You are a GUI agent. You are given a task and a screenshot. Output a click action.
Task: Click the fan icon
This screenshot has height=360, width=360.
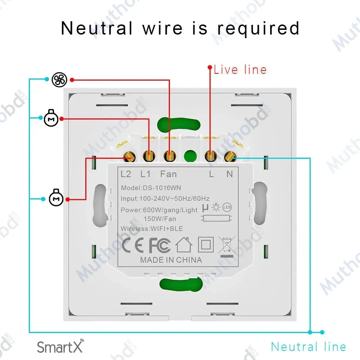tap(59, 80)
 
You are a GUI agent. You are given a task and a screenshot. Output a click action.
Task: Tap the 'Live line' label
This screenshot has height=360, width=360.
tap(240, 69)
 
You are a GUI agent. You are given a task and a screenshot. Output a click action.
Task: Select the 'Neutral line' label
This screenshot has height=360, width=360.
tap(309, 347)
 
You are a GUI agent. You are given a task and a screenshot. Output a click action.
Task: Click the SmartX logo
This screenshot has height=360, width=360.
tap(60, 346)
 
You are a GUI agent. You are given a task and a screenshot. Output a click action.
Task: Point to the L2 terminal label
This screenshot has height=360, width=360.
tap(126, 174)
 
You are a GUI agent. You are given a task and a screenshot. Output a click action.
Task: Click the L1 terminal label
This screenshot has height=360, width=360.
tap(145, 174)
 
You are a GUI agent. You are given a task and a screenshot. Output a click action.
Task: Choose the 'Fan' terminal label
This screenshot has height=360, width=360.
tap(168, 174)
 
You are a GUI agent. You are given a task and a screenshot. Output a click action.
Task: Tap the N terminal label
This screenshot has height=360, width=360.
tap(230, 174)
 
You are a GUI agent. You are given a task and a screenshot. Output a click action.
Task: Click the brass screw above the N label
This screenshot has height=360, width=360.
tap(230, 157)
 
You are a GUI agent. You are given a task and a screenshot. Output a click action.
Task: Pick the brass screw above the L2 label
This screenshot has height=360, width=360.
tap(130, 157)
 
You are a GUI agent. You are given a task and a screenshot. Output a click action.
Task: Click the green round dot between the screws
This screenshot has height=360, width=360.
tap(190, 156)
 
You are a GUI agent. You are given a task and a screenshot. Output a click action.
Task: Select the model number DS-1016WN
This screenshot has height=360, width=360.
tap(162, 188)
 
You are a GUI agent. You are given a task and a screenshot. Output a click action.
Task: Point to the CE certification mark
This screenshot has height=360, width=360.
tap(133, 245)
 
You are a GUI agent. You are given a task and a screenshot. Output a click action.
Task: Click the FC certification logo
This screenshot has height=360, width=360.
tap(160, 245)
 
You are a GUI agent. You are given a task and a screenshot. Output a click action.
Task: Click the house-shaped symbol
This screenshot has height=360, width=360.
tap(184, 245)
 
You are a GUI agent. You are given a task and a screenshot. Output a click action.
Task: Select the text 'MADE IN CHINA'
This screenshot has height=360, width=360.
tap(171, 260)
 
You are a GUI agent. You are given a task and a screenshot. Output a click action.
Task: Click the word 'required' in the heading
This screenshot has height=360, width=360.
tap(258, 29)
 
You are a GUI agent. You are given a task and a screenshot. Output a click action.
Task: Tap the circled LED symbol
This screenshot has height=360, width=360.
tap(227, 207)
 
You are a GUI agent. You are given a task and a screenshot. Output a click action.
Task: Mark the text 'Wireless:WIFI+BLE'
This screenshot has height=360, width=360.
tap(152, 229)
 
